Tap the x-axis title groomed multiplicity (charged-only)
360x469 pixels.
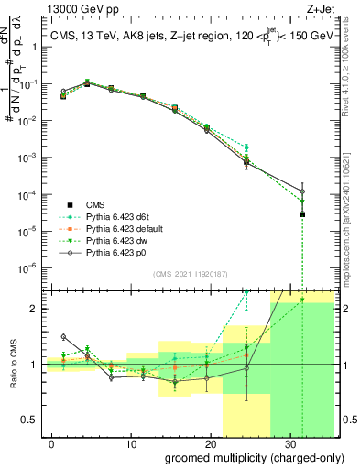242,455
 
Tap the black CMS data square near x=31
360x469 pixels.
303,214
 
